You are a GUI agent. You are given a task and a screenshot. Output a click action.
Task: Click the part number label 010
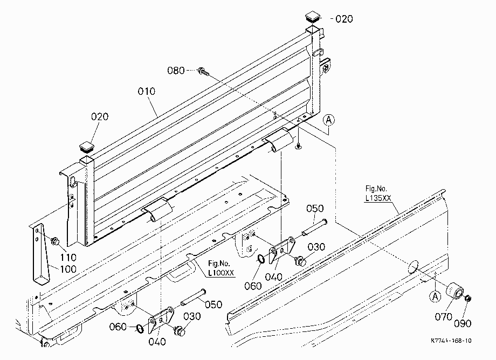coord(147,91)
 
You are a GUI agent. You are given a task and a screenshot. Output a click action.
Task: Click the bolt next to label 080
coord(203,72)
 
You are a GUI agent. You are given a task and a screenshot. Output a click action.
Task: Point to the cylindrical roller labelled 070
coord(455,290)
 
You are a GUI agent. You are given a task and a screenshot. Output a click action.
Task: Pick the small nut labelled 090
coord(468,297)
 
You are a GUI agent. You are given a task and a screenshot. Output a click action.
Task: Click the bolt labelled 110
coord(56,241)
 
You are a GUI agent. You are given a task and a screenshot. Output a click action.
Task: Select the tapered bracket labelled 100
coord(41,253)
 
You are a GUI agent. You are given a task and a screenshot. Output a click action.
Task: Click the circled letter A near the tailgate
coord(329,120)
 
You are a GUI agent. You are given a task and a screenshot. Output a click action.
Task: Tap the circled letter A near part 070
coord(435,296)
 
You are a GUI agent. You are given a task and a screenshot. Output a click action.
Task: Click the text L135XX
coord(378,198)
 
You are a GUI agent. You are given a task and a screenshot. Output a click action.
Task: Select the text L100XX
coord(221,273)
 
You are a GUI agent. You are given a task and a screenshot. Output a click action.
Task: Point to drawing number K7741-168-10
coord(451,341)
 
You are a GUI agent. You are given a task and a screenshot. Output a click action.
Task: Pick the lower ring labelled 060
coord(140,328)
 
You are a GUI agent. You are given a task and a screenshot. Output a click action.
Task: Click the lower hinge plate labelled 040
coord(161,319)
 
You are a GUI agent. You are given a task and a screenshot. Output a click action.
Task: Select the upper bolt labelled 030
coord(300,261)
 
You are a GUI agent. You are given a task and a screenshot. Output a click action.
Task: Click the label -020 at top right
coord(342,19)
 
